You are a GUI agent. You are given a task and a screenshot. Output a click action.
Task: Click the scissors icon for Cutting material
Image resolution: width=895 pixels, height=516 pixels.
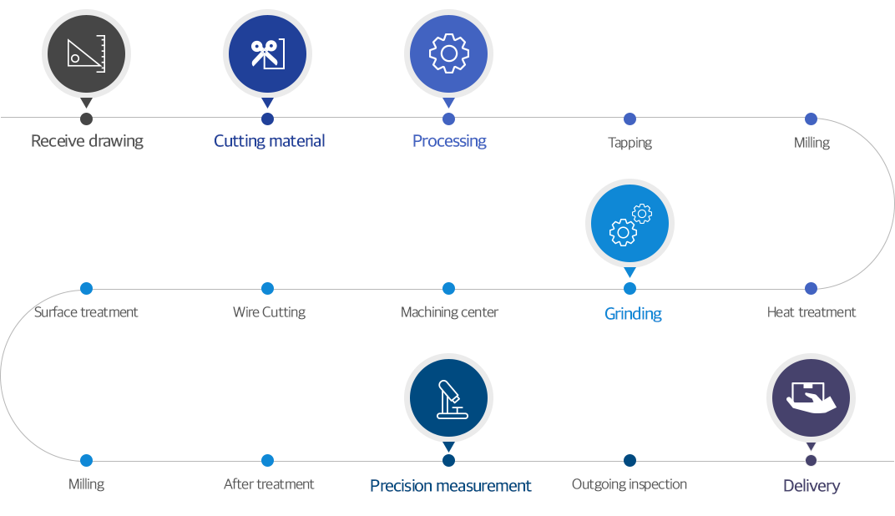coord(267,54)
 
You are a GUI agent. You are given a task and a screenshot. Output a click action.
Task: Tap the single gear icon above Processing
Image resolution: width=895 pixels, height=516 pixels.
coord(448,53)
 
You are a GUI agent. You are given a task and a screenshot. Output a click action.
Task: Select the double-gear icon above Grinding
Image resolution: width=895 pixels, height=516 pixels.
coord(630,225)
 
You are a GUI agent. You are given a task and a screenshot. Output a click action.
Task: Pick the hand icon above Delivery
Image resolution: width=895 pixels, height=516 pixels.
coord(812,397)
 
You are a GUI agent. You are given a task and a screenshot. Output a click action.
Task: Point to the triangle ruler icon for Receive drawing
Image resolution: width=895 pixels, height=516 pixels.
coord(86,54)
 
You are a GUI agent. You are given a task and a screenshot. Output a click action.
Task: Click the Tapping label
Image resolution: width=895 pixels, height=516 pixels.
coord(630,143)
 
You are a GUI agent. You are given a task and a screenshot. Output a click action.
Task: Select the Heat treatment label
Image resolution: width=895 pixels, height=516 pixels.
coord(812,312)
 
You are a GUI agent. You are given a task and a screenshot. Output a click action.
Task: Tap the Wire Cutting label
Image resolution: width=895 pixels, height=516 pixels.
coord(269,312)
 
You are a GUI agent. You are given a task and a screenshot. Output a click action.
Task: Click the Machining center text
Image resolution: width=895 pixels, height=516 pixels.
coord(449,312)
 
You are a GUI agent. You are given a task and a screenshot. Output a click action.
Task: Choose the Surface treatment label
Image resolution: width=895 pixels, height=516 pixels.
coord(86,312)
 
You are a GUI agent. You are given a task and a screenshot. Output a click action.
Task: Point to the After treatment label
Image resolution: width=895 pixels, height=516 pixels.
coord(269,484)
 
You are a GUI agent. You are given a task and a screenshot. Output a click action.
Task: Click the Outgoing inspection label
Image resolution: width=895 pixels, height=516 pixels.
coord(629,484)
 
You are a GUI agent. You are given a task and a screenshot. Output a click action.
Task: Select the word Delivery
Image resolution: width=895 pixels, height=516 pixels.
coord(812,486)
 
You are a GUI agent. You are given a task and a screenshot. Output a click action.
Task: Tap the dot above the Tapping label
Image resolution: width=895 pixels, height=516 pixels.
coord(630,119)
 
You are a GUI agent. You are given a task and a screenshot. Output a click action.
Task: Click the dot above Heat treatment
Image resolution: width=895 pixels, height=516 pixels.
coord(812,288)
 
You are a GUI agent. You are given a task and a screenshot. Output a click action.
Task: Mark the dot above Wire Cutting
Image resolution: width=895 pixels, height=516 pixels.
coord(267,288)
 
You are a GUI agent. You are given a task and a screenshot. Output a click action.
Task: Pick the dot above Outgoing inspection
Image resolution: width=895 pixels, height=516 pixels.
coord(630,460)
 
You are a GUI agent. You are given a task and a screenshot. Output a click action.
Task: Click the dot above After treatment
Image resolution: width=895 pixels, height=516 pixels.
coord(267,460)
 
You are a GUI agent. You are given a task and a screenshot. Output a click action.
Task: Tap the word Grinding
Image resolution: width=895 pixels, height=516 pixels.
coord(633,314)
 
